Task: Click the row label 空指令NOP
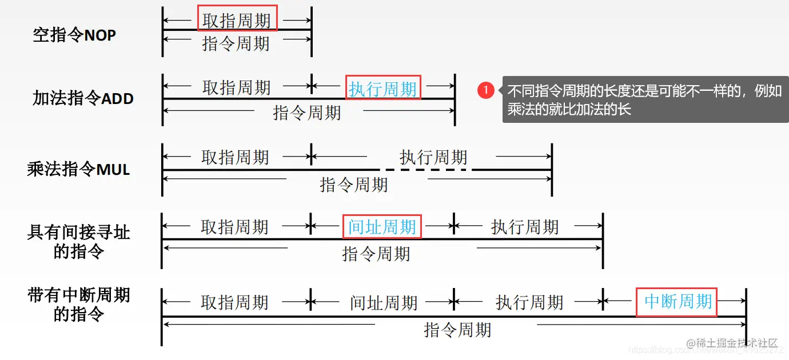74,35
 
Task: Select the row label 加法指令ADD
83,98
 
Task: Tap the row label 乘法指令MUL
78,170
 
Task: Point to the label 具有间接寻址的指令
79,242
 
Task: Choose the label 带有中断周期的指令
79,305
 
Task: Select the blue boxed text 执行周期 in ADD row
382,89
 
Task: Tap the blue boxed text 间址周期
382,227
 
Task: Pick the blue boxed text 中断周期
678,301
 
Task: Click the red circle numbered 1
486,90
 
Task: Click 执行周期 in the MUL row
433,157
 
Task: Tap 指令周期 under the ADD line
307,112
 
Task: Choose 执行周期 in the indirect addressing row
524,227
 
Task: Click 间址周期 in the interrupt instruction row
384,302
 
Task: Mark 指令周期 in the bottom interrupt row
457,329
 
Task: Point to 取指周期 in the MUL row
235,157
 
